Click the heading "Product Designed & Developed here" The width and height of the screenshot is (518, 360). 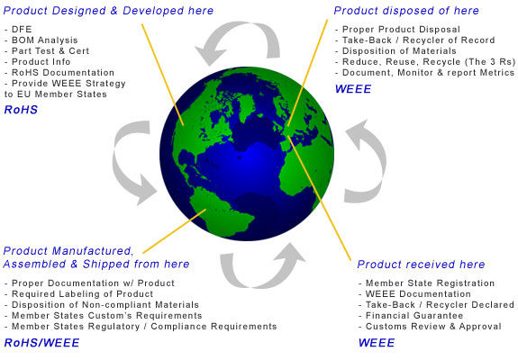(x=108, y=11)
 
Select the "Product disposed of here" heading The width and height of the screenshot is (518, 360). (x=406, y=11)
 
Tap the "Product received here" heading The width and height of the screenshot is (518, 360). (x=421, y=264)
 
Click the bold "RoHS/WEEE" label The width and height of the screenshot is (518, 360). (x=41, y=343)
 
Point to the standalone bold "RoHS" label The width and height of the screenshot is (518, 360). (x=21, y=110)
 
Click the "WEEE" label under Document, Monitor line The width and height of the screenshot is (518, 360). (x=353, y=89)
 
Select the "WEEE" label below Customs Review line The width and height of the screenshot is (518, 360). (x=377, y=343)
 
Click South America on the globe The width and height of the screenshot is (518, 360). (x=220, y=211)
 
